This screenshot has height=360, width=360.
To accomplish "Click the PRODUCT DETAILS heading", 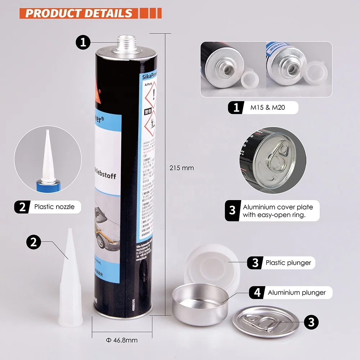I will click(79, 13).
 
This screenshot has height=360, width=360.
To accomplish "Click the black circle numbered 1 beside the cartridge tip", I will click(83, 43).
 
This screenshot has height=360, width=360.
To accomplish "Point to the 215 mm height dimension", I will click(181, 168).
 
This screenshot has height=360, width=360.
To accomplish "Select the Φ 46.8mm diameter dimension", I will click(122, 340).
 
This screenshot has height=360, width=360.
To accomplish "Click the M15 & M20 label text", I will click(270, 108).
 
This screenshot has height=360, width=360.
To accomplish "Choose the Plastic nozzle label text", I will click(54, 207).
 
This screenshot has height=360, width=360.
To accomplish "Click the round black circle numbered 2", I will click(33, 242).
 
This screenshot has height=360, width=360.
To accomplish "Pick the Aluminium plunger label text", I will click(297, 293).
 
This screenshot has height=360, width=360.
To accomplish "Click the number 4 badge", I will click(257, 293).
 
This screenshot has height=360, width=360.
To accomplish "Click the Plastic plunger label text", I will click(288, 263).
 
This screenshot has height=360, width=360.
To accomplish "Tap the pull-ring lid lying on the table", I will click(266, 321).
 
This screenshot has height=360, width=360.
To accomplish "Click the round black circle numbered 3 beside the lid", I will click(311, 321).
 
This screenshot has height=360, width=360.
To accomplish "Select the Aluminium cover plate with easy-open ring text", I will click(278, 211).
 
